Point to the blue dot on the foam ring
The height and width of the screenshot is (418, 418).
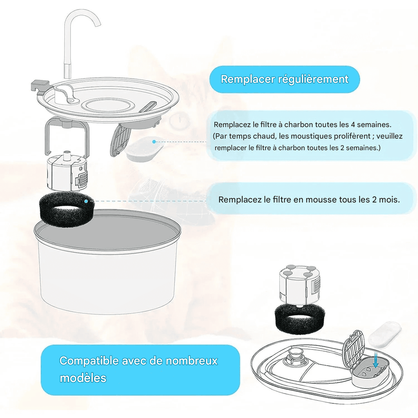click(86, 201)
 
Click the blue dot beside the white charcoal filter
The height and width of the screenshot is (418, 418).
click(154, 142)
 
